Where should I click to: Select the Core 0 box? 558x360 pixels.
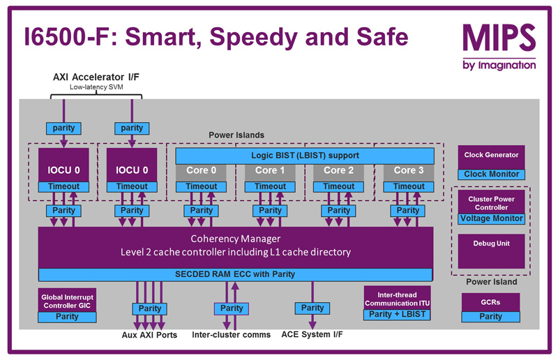pyautogui.click(x=201, y=170)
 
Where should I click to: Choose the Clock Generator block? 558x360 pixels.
pyautogui.click(x=492, y=155)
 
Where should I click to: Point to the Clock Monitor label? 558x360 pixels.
pyautogui.click(x=492, y=174)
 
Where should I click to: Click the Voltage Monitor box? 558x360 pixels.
pyautogui.click(x=490, y=218)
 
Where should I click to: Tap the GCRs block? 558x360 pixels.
pyautogui.click(x=490, y=302)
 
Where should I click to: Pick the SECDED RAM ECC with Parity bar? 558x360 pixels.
pyautogui.click(x=236, y=273)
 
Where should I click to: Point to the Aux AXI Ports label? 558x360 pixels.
pyautogui.click(x=149, y=335)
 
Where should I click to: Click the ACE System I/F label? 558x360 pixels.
pyautogui.click(x=312, y=335)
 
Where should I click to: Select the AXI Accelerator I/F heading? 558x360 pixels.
pyautogui.click(x=96, y=76)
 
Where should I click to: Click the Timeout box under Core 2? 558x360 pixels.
pyautogui.click(x=339, y=186)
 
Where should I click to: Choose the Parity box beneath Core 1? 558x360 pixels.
pyautogui.click(x=270, y=210)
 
